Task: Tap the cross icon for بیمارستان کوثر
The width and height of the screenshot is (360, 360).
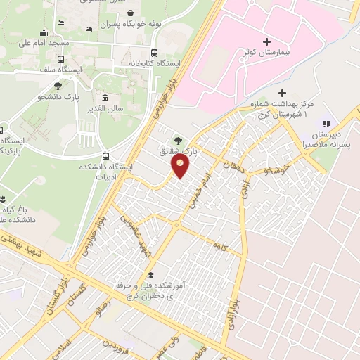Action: [266, 42]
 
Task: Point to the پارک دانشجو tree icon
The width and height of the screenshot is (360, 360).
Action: [58, 86]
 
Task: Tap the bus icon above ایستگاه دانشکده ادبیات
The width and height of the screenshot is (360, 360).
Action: [105, 155]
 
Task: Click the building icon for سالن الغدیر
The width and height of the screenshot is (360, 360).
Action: [105, 98]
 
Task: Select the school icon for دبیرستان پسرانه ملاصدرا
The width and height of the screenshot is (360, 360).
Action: [325, 124]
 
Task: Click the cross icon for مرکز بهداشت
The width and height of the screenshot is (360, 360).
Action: [282, 93]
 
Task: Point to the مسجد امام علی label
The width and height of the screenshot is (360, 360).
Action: [63, 44]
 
